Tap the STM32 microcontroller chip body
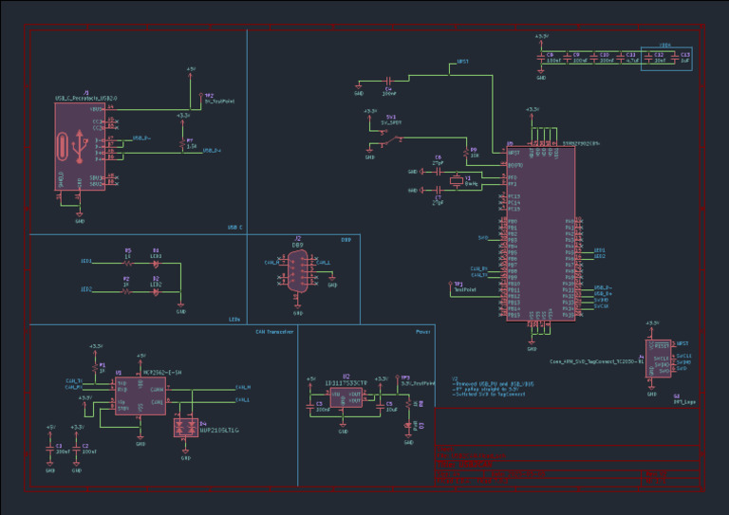click(x=540, y=232)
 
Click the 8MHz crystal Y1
click(x=455, y=182)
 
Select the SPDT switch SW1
click(x=383, y=140)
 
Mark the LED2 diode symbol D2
click(x=156, y=290)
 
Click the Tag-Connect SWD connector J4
click(x=657, y=359)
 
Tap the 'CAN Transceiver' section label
click(x=273, y=332)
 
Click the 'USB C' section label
click(x=234, y=228)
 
